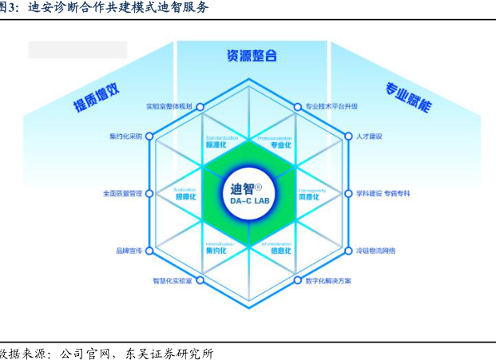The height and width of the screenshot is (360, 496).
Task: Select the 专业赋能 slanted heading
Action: (x=408, y=95)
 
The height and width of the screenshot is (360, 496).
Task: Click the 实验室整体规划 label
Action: (x=169, y=106)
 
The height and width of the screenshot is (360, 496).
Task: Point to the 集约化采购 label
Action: (x=125, y=136)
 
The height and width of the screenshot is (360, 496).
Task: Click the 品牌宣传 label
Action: (x=129, y=251)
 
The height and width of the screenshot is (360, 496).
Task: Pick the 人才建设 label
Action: (x=371, y=136)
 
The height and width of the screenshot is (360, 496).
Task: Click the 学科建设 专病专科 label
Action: (x=383, y=193)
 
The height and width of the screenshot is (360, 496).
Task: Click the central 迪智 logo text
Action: (x=242, y=189)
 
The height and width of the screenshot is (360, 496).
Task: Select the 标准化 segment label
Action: (x=216, y=145)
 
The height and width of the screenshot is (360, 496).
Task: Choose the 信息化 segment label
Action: (x=280, y=250)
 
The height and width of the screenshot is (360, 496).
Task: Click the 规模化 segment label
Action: (x=185, y=196)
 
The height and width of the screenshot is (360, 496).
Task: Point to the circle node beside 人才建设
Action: (x=347, y=136)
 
